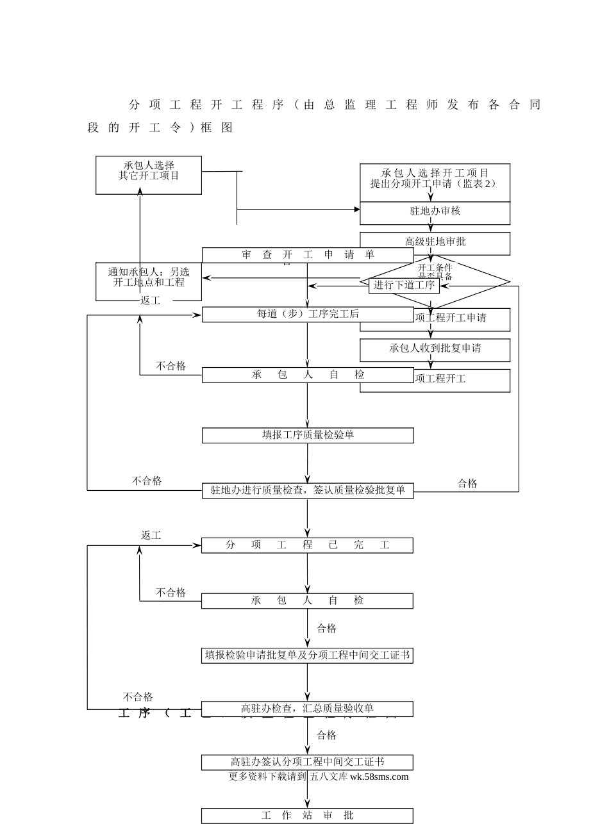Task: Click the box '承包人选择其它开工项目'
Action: pos(149,175)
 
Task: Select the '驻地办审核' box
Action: pos(435,212)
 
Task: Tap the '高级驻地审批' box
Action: pos(435,242)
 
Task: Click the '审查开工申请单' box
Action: pos(308,254)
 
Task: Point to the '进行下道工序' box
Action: pos(404,285)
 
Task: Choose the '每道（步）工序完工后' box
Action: pos(308,314)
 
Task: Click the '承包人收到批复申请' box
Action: pos(435,349)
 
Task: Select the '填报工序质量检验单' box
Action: pos(308,435)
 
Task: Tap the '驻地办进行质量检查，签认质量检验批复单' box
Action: pos(308,490)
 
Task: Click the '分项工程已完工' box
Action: pos(308,545)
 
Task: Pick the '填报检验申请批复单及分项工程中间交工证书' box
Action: pos(308,655)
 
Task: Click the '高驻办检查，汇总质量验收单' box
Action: pos(308,709)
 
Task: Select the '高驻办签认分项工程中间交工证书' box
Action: pos(308,762)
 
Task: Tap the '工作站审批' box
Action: pos(308,816)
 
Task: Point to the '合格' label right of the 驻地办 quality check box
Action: pos(467,484)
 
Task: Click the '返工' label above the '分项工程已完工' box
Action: pos(151,536)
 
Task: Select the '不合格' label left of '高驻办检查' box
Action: pos(138,697)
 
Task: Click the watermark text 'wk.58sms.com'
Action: pos(379,777)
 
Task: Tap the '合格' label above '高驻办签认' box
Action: pos(326,736)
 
